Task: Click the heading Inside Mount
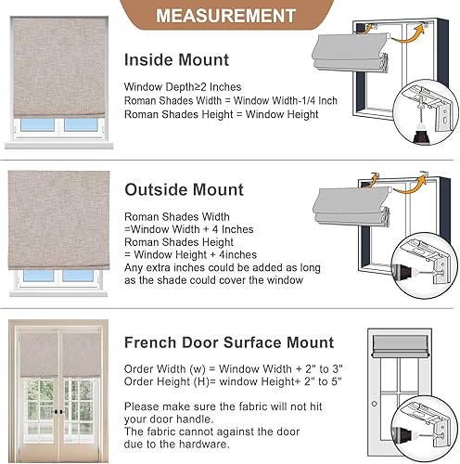pyautogui.click(x=176, y=60)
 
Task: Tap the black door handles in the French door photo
pyautogui.click(x=61, y=410)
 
